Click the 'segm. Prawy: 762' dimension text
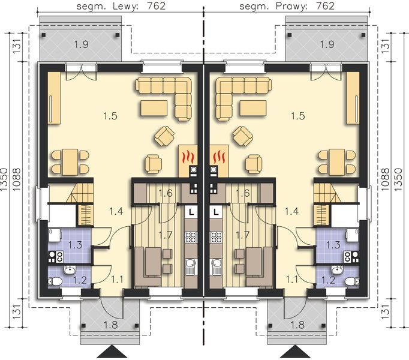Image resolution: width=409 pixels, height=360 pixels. pyautogui.click(x=286, y=7)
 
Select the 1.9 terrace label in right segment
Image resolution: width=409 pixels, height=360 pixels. pyautogui.click(x=327, y=44)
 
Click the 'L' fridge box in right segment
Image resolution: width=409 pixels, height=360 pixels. pyautogui.click(x=216, y=211)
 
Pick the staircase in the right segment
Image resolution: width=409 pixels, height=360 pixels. pyautogui.click(x=324, y=194)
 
